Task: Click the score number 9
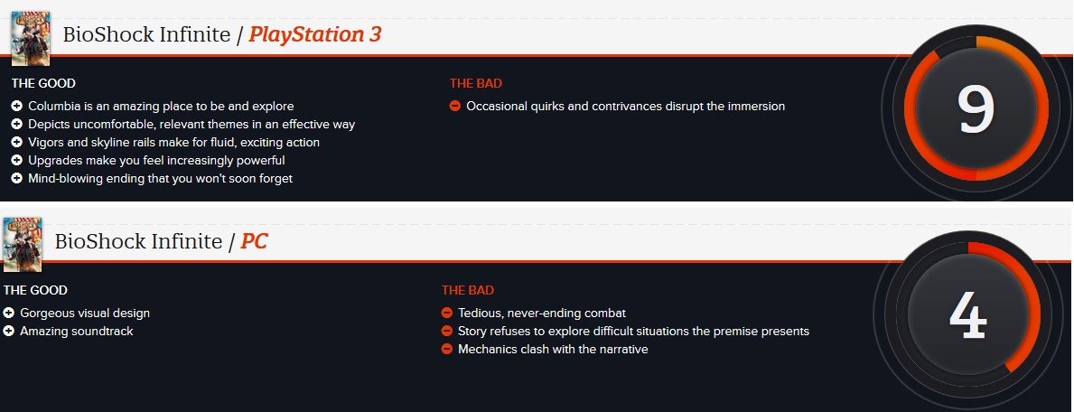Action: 976,109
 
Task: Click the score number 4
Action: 967,316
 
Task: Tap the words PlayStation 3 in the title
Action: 314,34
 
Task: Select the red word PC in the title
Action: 254,241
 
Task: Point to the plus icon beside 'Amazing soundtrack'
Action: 9,331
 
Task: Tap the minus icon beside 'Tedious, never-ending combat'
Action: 446,314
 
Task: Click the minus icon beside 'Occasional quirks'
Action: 455,107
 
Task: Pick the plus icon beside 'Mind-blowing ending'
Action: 17,178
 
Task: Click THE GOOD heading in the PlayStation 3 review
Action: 43,84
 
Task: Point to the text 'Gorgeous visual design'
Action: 85,314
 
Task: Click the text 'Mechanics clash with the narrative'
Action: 553,349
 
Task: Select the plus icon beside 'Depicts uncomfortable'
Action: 17,124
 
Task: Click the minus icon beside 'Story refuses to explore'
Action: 446,331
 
